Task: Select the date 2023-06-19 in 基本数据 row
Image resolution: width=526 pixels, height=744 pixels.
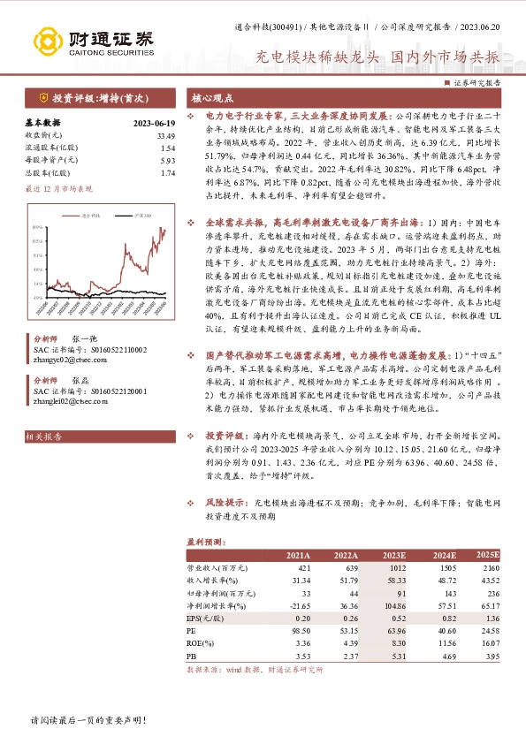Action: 154,124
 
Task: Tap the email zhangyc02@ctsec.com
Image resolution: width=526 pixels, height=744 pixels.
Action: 65,359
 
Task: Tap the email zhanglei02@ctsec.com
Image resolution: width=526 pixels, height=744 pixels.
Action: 65,399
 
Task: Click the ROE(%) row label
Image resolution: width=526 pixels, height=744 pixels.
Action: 201,644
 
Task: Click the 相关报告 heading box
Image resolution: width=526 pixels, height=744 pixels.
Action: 42,437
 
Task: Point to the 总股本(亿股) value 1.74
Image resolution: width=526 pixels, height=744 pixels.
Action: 167,173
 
